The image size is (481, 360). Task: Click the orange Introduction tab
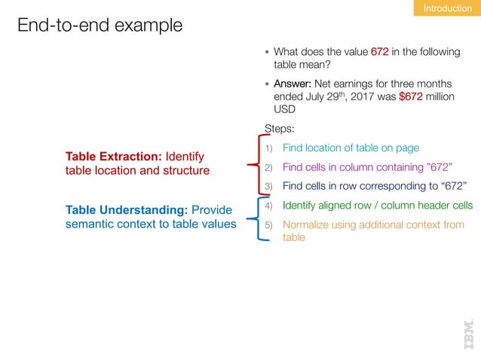click(x=447, y=8)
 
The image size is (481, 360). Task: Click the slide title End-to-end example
click(x=100, y=26)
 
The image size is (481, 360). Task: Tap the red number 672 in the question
click(x=379, y=52)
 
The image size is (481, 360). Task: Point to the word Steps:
click(x=280, y=128)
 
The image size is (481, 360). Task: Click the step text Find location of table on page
click(x=351, y=148)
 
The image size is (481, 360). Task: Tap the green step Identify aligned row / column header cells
click(x=378, y=206)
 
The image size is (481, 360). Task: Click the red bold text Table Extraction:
click(x=113, y=157)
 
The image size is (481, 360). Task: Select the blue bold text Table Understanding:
click(x=127, y=209)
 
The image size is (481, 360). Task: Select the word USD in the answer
click(x=284, y=108)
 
